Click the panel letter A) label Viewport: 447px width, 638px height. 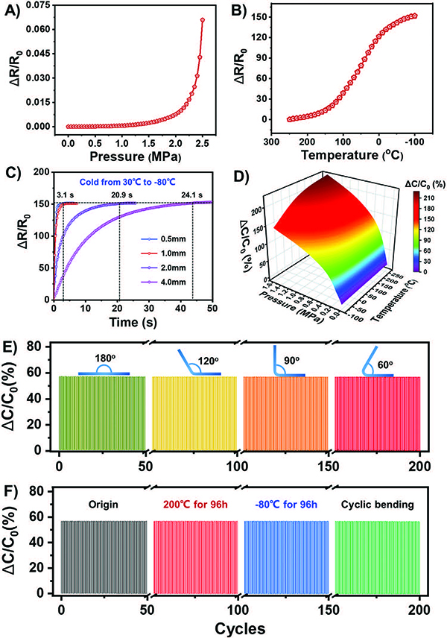[11, 10]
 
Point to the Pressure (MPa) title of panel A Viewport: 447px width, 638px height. [134, 159]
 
